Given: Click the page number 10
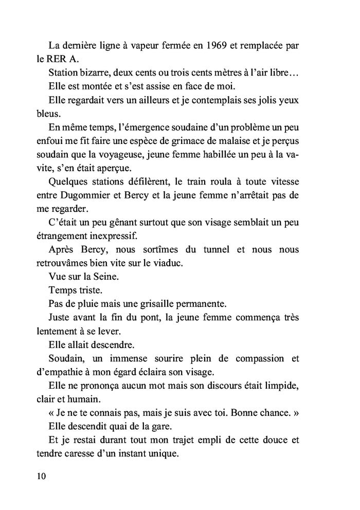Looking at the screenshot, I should [x=42, y=476].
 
